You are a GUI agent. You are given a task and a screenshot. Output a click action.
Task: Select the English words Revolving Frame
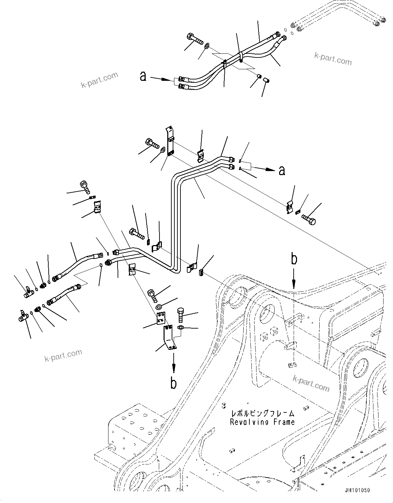coord(262,422)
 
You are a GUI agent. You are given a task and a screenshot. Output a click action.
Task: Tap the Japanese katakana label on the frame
coord(262,413)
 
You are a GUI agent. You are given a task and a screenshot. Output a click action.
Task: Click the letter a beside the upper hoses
coord(143,77)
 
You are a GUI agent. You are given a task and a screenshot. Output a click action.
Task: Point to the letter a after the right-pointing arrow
coord(281,170)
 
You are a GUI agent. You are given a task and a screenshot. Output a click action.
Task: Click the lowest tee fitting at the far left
coord(23,316)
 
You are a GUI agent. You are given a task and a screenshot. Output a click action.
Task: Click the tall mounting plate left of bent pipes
coord(170,142)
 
